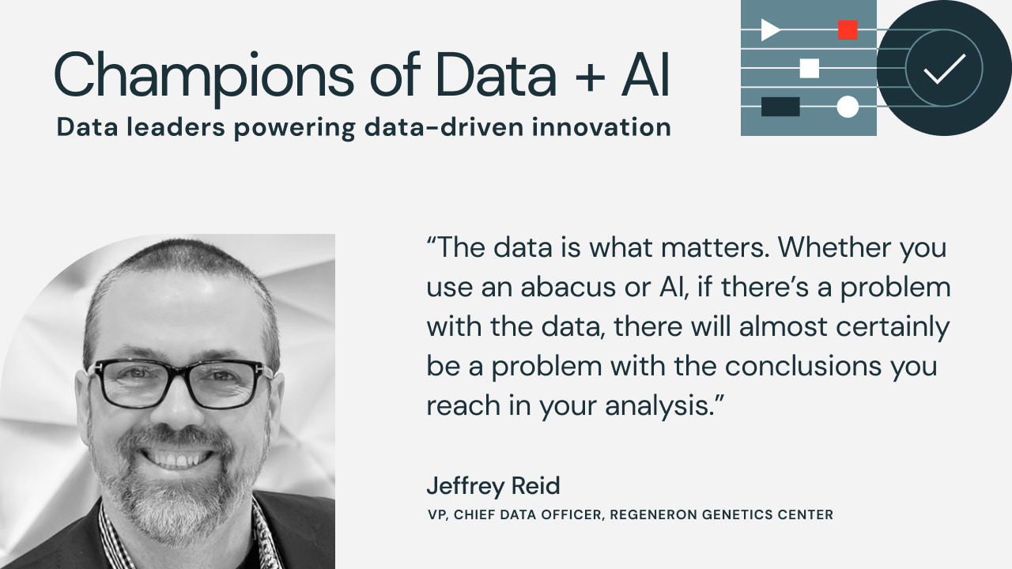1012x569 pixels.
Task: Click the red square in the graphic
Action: [x=848, y=30]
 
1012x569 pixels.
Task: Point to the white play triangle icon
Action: [x=770, y=30]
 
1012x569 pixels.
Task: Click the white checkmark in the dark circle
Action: [x=945, y=69]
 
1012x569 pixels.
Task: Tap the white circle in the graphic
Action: [x=848, y=107]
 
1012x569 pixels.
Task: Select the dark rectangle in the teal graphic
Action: [x=780, y=107]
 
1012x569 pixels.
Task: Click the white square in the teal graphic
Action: [x=809, y=68]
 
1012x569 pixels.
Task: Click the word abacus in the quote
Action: [x=568, y=287]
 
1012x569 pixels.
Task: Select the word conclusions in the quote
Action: [x=802, y=366]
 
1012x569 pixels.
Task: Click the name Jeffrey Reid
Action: [x=493, y=486]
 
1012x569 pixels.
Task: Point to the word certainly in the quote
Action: [x=893, y=327]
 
